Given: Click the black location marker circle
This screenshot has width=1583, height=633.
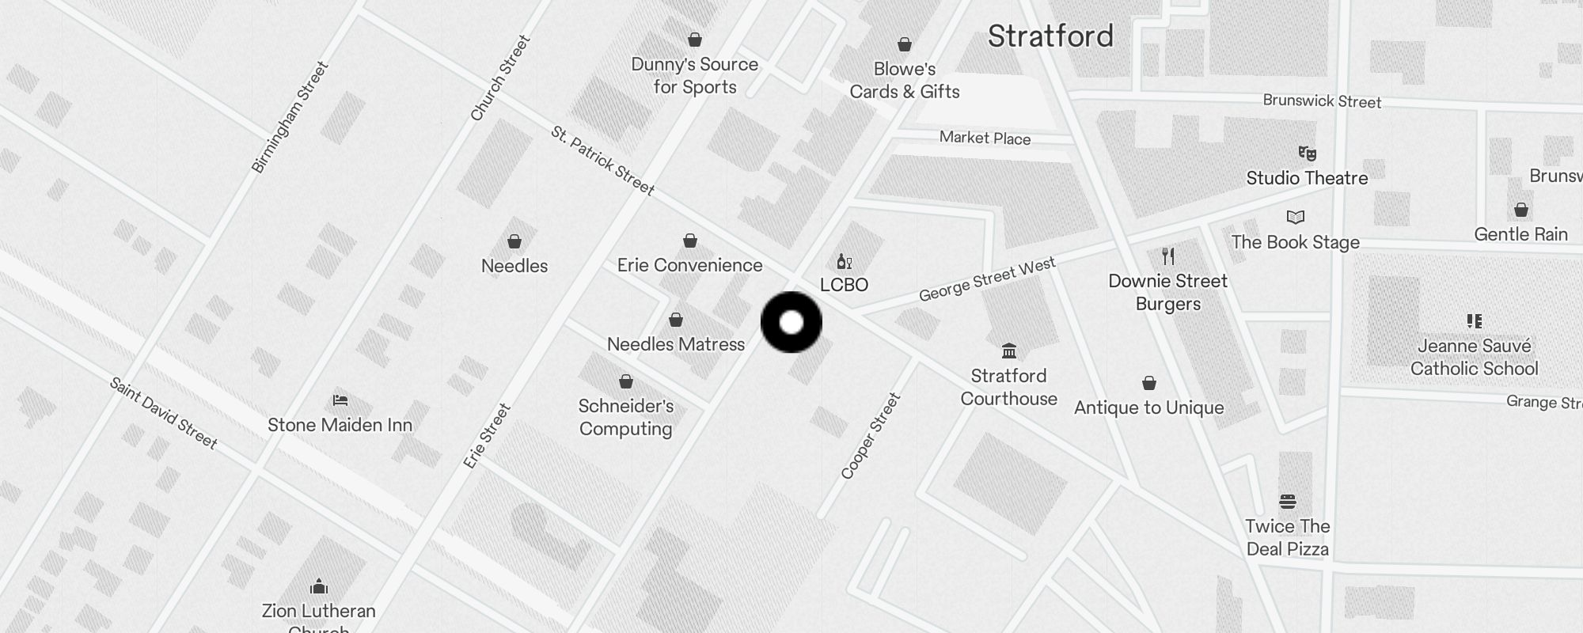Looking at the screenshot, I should pos(791,322).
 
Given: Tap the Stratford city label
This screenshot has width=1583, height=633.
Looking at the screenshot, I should pos(1050,36).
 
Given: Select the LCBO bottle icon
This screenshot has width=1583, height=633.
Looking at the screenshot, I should pos(844,262).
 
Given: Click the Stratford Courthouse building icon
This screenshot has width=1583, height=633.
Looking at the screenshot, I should pos(1008,351).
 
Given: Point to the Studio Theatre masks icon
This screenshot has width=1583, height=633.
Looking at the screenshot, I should pos(1307,154).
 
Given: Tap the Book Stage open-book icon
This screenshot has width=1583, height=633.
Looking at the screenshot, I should pos(1295,218).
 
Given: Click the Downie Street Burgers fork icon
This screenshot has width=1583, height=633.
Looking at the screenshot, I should pos(1167,256).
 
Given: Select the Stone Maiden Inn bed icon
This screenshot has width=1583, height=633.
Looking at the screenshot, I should pos(340,400).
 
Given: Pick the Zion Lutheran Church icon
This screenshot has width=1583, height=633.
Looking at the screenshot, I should pos(319,586).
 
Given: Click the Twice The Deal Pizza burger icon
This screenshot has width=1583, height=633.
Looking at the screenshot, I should pos(1287,502).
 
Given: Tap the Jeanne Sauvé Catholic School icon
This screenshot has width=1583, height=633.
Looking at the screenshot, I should pos(1474,321).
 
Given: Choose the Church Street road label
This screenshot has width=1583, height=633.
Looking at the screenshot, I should pos(499,78).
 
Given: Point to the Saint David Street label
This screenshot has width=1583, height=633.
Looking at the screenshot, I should pos(163,412).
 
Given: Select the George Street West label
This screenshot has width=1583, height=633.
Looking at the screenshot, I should pos(986,279).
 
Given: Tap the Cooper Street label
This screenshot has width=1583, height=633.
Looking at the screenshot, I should pos(870,436).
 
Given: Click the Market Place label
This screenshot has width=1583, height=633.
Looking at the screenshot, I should pos(985,138).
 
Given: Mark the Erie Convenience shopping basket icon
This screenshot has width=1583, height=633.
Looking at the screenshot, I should pos(690,241).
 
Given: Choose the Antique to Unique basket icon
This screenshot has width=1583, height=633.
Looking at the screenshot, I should pos(1149,384).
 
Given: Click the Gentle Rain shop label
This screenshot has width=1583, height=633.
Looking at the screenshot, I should pos(1520,234).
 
